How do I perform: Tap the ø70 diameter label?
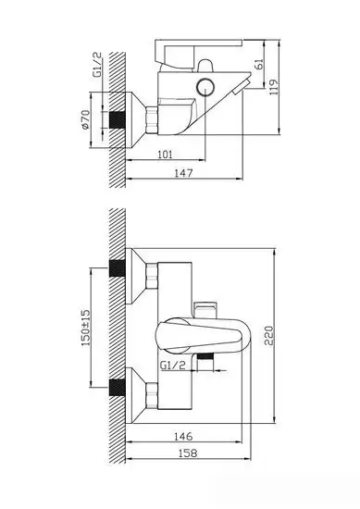[84, 121]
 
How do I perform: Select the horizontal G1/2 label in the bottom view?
[173, 366]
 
